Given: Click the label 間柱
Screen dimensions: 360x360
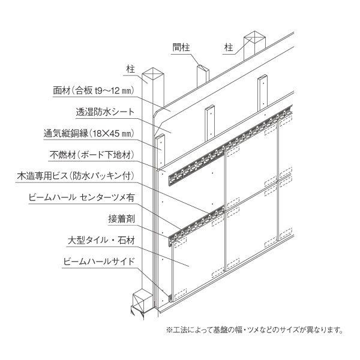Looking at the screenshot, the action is pyautogui.click(x=181, y=47).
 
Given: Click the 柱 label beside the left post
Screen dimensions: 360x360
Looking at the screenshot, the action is pyautogui.click(x=131, y=69).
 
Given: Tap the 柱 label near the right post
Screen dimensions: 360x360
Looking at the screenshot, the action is pyautogui.click(x=229, y=48).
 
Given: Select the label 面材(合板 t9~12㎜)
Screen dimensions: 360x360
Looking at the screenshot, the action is pyautogui.click(x=94, y=91).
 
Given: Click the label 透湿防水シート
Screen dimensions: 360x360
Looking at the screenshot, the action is pyautogui.click(x=105, y=112).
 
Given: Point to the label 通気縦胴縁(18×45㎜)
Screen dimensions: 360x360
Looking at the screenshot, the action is pyautogui.click(x=89, y=133).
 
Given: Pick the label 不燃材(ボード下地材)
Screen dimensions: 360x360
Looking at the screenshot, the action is pyautogui.click(x=92, y=155).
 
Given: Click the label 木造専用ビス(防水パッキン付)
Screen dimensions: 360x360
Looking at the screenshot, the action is pyautogui.click(x=76, y=176).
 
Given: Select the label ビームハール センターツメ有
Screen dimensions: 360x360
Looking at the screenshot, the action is pyautogui.click(x=82, y=197).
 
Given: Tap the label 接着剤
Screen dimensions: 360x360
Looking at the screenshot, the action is pyautogui.click(x=121, y=219).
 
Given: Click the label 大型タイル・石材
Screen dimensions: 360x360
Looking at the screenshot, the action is pyautogui.click(x=101, y=241).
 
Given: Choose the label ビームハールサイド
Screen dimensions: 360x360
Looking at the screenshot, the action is pyautogui.click(x=99, y=262).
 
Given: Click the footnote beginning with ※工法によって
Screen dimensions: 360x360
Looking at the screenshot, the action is pyautogui.click(x=254, y=330).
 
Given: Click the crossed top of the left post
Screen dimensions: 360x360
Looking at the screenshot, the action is pyautogui.click(x=153, y=73).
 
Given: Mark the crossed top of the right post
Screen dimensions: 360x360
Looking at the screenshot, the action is pyautogui.click(x=254, y=37).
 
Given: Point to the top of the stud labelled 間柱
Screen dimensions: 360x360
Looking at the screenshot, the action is pyautogui.click(x=203, y=68).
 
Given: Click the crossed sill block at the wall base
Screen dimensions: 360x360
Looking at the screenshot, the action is pyautogui.click(x=142, y=301).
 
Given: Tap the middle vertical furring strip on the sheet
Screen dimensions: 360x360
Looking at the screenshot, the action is pyautogui.click(x=210, y=123).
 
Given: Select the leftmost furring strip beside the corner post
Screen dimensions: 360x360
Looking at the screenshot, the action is pyautogui.click(x=160, y=151).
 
